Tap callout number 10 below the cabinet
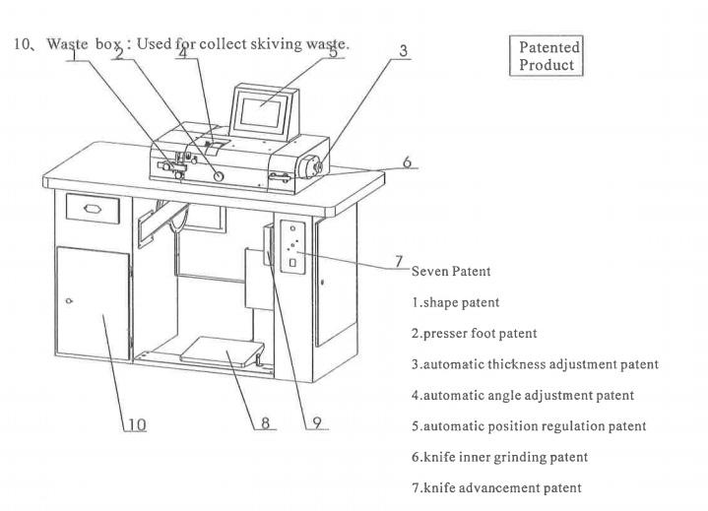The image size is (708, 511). click(x=135, y=424)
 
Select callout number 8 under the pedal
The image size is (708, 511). click(x=264, y=424)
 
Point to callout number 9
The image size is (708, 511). click(x=316, y=424)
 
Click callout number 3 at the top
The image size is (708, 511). click(x=405, y=50)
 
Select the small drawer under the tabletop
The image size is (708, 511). click(x=91, y=208)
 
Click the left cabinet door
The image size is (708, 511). click(x=93, y=301)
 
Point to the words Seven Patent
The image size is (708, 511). click(x=450, y=271)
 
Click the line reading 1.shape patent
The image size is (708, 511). click(x=455, y=302)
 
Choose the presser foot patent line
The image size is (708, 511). click(x=475, y=333)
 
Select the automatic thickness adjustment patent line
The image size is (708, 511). click(x=535, y=364)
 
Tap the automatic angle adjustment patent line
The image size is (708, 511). click(x=522, y=395)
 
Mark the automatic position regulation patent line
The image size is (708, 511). click(x=529, y=426)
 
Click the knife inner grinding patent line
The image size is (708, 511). click(x=499, y=457)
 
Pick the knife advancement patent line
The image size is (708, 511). click(x=496, y=487)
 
